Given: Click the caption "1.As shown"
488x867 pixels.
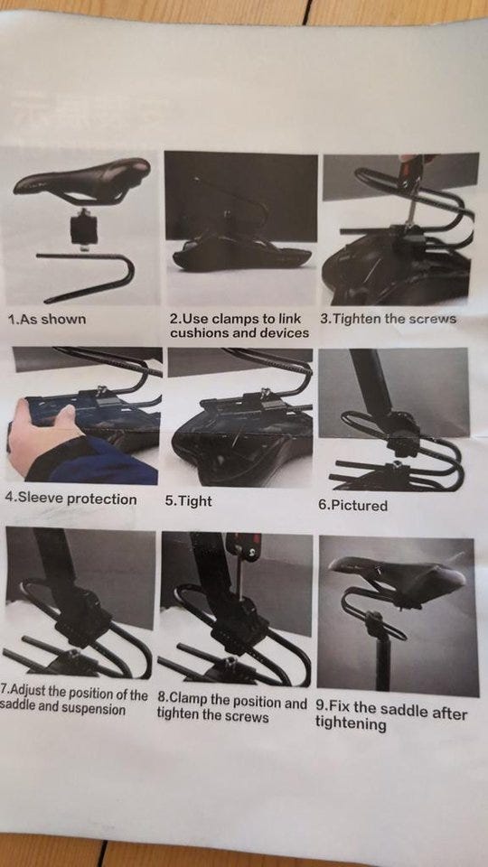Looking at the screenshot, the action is click(47, 320).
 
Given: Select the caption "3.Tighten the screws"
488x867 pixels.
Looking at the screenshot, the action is click(389, 319).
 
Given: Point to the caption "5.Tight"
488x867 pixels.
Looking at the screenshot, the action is click(188, 501).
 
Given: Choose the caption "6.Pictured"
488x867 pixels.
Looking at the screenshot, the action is click(353, 506).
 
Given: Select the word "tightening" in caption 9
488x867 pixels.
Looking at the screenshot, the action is click(351, 724).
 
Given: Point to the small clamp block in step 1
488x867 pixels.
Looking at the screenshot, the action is click(83, 228).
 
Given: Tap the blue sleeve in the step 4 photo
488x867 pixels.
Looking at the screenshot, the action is click(94, 461).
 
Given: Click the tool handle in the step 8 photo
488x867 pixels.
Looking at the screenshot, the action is click(243, 546).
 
